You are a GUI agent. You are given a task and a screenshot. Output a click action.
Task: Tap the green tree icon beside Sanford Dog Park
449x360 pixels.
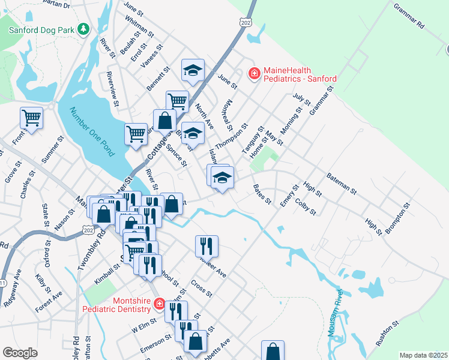pyautogui.click(x=85, y=28)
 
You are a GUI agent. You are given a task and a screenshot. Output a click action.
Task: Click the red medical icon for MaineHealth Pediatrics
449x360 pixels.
pyautogui.click(x=255, y=73)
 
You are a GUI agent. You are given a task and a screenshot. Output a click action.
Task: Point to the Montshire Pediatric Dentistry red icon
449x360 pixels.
pyautogui.click(x=159, y=304)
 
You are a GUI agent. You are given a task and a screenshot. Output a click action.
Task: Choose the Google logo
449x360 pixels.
pyautogui.click(x=20, y=353)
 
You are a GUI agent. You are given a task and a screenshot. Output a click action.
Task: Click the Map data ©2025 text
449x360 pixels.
pyautogui.click(x=423, y=355)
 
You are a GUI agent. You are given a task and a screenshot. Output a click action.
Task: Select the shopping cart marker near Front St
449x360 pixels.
pyautogui.click(x=31, y=118)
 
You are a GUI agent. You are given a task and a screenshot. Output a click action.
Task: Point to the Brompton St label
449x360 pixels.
pyautogui.click(x=398, y=218)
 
